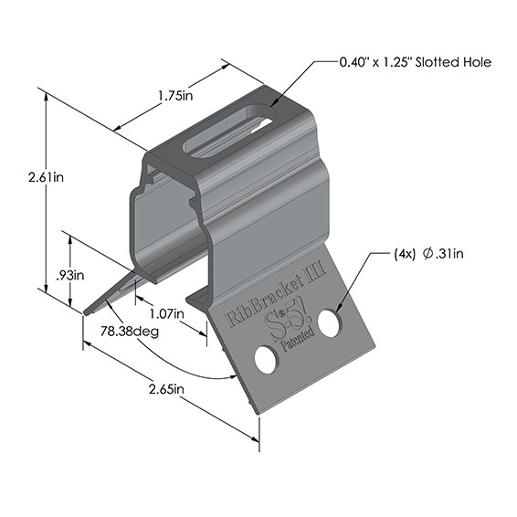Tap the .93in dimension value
tap(73, 274)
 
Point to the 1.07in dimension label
tap(164, 313)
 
